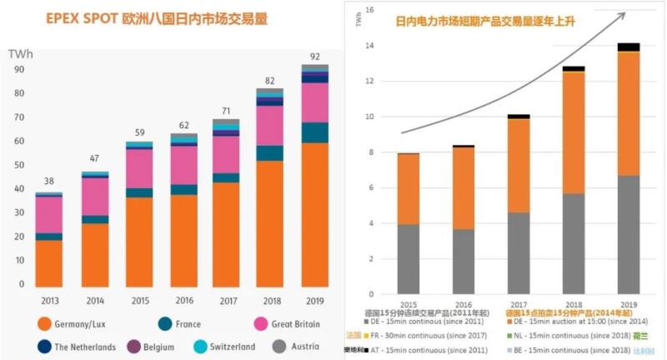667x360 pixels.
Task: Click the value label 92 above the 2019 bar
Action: point(314,57)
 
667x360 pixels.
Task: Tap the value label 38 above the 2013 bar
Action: point(50,182)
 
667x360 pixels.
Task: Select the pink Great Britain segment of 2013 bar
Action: point(50,214)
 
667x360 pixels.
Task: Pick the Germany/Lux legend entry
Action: point(70,323)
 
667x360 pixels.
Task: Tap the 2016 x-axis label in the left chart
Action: point(185,300)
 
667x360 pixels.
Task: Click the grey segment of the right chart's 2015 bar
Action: point(408,259)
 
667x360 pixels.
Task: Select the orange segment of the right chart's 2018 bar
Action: point(574,132)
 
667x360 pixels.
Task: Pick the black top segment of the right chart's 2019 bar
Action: point(629,47)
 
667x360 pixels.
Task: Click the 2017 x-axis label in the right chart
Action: point(519,305)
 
